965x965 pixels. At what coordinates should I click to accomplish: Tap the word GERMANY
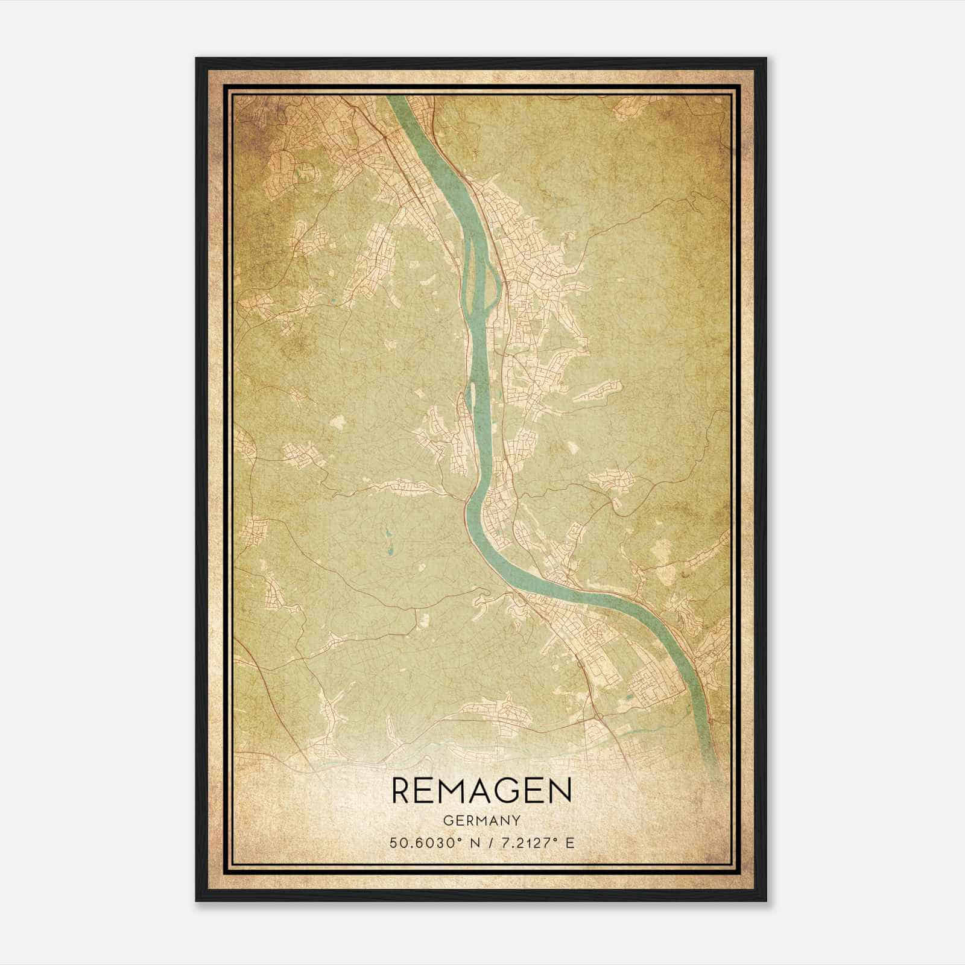481,821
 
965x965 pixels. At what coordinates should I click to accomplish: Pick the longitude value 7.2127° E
533,843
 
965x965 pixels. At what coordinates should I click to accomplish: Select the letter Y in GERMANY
515,821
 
